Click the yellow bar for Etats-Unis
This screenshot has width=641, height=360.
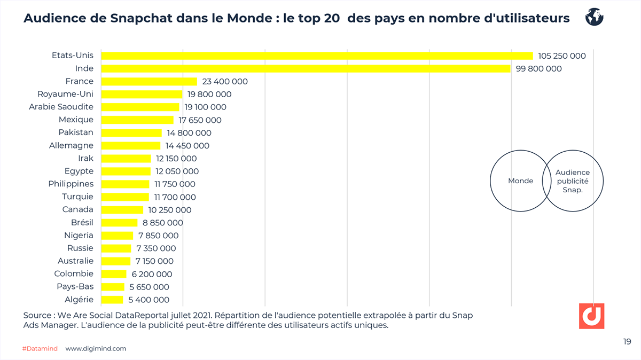(x=317, y=56)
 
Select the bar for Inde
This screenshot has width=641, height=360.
(x=306, y=68)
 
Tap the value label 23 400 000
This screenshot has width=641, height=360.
(x=225, y=81)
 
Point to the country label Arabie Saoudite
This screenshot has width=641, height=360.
(x=61, y=107)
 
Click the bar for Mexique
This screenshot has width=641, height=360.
(x=137, y=120)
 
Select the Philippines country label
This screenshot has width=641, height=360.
(x=71, y=184)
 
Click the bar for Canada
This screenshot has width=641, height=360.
(x=122, y=209)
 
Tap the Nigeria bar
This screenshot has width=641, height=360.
(x=117, y=235)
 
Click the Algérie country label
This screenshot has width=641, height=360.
(x=79, y=300)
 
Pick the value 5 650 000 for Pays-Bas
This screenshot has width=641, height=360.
(x=150, y=287)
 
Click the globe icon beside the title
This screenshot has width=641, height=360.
(x=594, y=17)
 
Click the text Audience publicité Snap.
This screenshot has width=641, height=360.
(x=573, y=181)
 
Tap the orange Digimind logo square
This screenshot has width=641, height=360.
(x=591, y=316)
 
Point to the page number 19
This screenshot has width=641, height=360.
(x=627, y=341)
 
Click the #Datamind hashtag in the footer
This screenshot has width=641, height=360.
(x=40, y=348)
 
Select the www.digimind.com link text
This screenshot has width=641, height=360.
(x=96, y=348)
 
